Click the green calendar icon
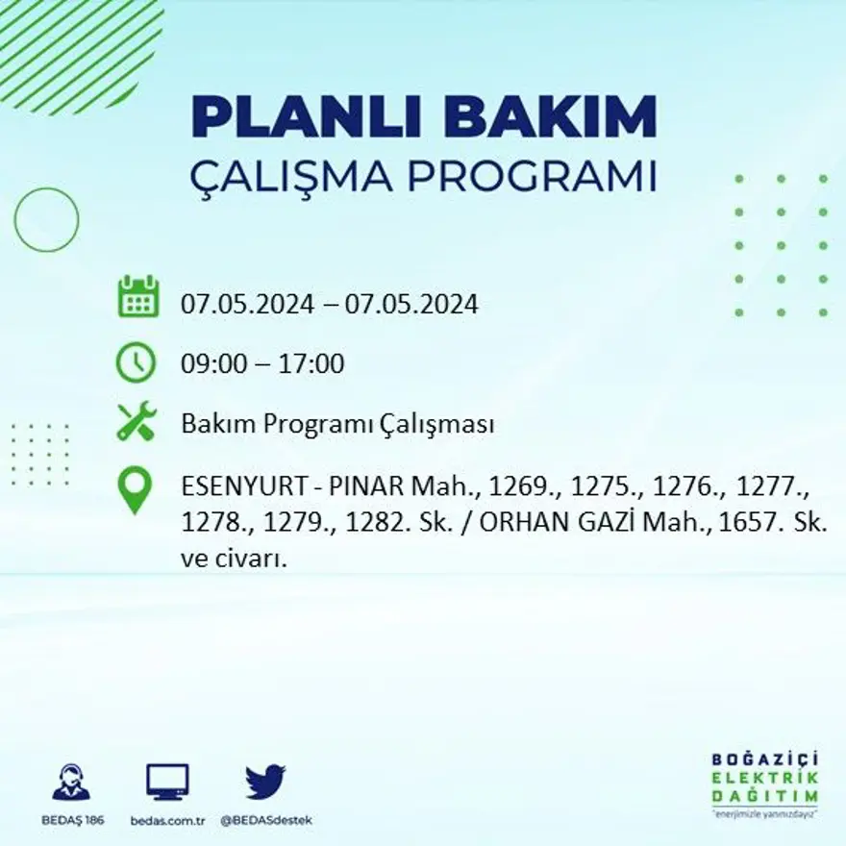pyautogui.click(x=137, y=297)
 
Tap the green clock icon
pyautogui.click(x=136, y=362)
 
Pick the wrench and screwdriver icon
pyautogui.click(x=136, y=422)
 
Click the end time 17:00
pyautogui.click(x=311, y=364)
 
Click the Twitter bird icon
pyautogui.click(x=265, y=783)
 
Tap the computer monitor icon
pyautogui.click(x=167, y=783)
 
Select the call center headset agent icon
pyautogui.click(x=71, y=783)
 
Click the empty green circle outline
pyautogui.click(x=46, y=220)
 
